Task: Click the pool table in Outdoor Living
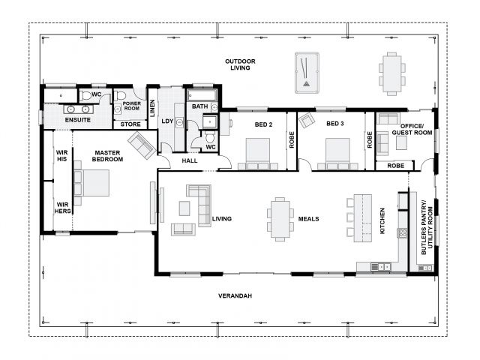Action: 307,73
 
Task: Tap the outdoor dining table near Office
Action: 391,73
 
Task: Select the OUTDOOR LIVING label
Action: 240,64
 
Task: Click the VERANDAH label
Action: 235,295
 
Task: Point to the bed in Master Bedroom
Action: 91,183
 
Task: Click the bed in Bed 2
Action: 258,154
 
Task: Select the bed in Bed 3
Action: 337,154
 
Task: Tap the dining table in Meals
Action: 280,219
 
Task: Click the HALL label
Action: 190,160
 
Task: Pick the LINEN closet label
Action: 152,108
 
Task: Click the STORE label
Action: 130,124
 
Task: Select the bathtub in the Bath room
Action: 202,95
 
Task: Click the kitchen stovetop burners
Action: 402,233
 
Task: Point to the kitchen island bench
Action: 363,218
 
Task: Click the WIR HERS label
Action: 63,208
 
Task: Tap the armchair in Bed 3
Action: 307,120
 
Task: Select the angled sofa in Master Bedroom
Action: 142,145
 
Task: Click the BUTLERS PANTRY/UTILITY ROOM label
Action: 427,227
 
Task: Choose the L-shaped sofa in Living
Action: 202,202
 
